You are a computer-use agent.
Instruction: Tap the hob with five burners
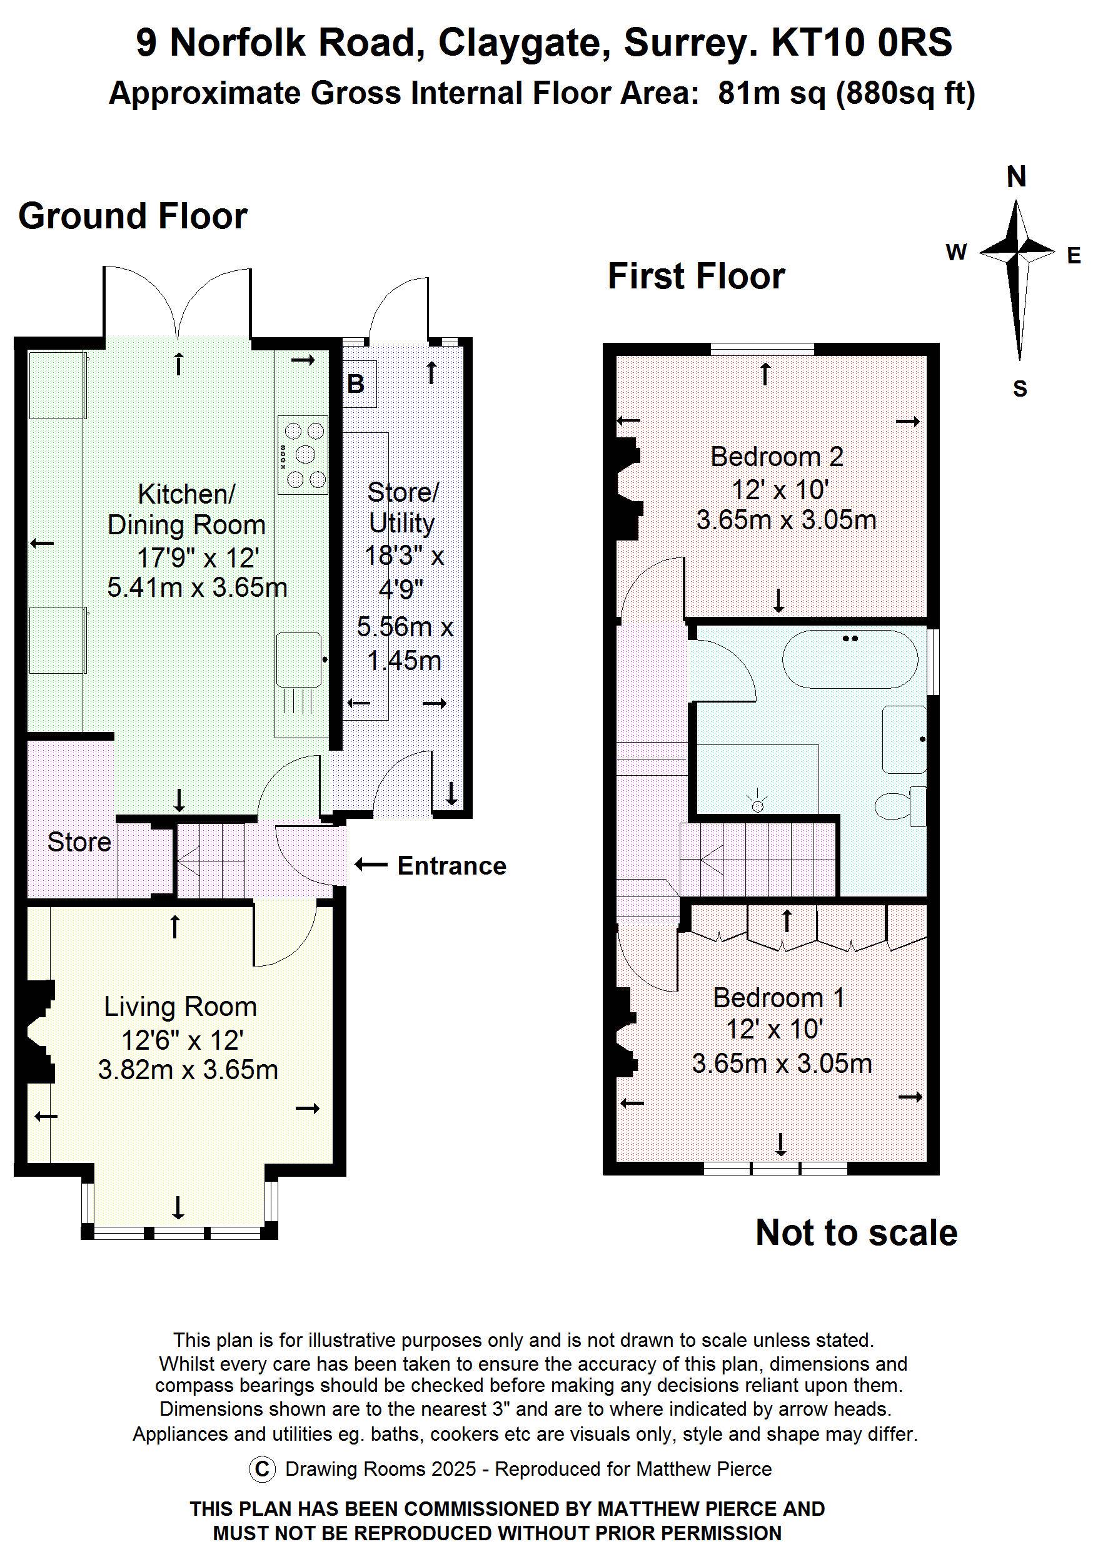[303, 455]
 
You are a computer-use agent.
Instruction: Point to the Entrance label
[451, 866]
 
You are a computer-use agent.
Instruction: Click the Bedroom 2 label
[777, 457]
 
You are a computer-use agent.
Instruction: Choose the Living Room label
[181, 1007]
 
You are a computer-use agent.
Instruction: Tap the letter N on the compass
[1016, 178]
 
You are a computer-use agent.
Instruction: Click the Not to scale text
[856, 1233]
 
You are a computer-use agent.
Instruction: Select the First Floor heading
[696, 277]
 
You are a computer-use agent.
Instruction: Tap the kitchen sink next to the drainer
[299, 659]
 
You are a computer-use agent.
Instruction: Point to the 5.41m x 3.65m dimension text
[197, 587]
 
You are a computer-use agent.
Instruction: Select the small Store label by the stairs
[79, 843]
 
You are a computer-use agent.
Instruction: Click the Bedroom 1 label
[778, 998]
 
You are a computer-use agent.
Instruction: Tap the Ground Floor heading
[133, 216]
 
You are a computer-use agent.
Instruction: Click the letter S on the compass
[1019, 389]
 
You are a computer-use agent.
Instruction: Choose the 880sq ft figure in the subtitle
[905, 93]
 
